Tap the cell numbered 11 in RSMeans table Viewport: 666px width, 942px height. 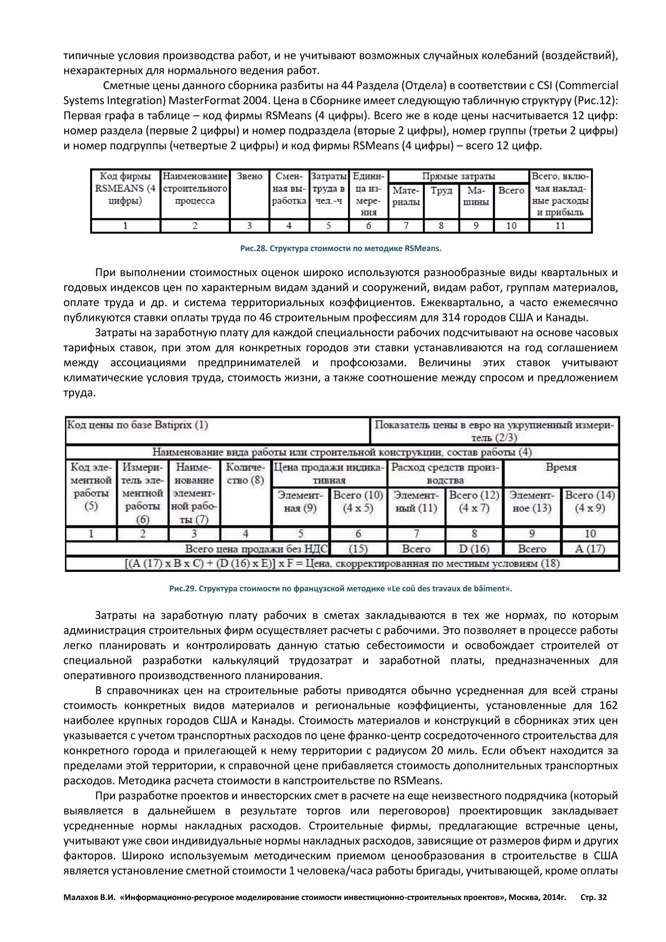tap(560, 226)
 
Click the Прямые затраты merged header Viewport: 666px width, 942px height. tap(459, 176)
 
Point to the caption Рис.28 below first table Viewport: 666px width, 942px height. tap(340, 248)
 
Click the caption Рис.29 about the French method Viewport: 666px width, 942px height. tap(340, 588)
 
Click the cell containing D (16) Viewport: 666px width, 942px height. tap(474, 549)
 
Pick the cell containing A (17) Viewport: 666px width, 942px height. tap(590, 549)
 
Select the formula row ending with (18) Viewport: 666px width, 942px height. tap(342, 563)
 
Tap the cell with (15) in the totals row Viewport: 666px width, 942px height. tap(358, 549)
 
